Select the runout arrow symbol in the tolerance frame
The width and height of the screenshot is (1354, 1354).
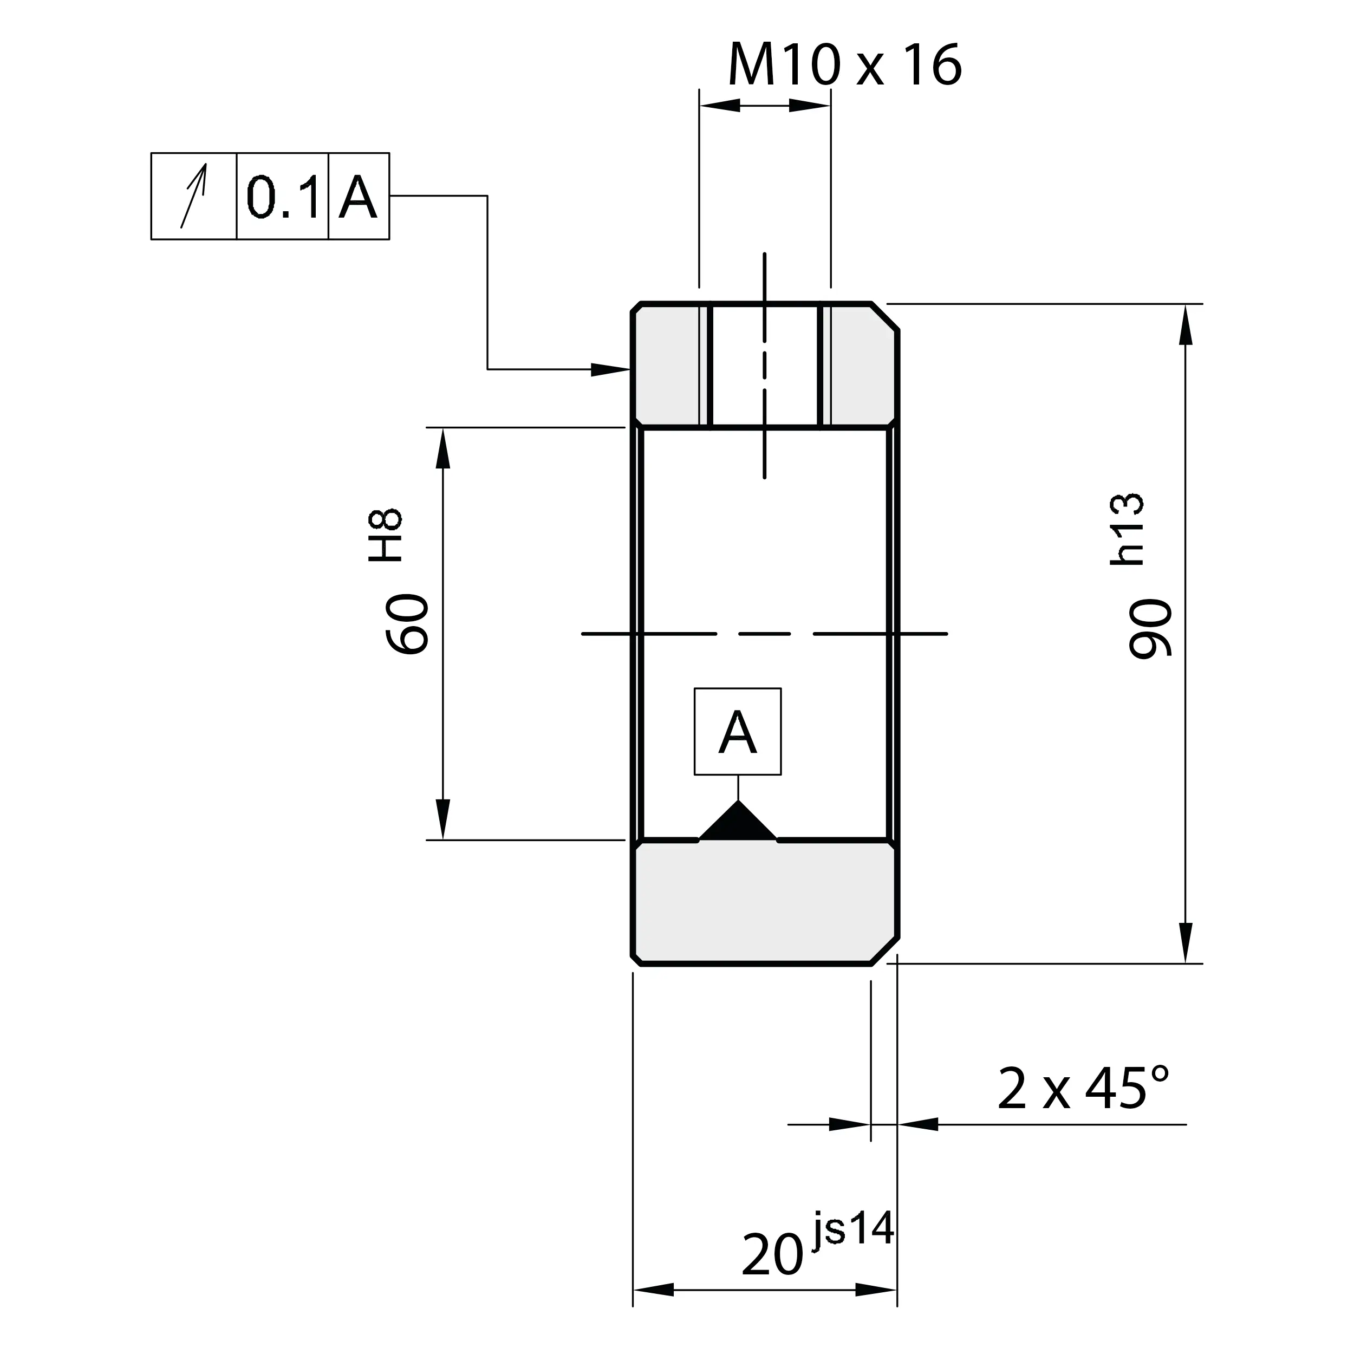coord(194,196)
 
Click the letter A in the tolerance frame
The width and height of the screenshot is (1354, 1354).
coord(358,197)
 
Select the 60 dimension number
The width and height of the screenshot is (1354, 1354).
coord(408,624)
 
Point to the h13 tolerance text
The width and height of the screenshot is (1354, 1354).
coord(1128,529)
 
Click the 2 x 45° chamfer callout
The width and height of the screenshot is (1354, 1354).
coord(1083,1089)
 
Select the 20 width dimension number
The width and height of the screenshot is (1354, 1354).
coord(772,1255)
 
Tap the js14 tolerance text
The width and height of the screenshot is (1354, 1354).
coord(854,1231)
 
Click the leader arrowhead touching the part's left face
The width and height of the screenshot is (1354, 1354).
coord(611,369)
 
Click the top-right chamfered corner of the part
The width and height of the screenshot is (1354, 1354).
coord(884,317)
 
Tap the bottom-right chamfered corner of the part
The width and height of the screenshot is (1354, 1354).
coord(884,951)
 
